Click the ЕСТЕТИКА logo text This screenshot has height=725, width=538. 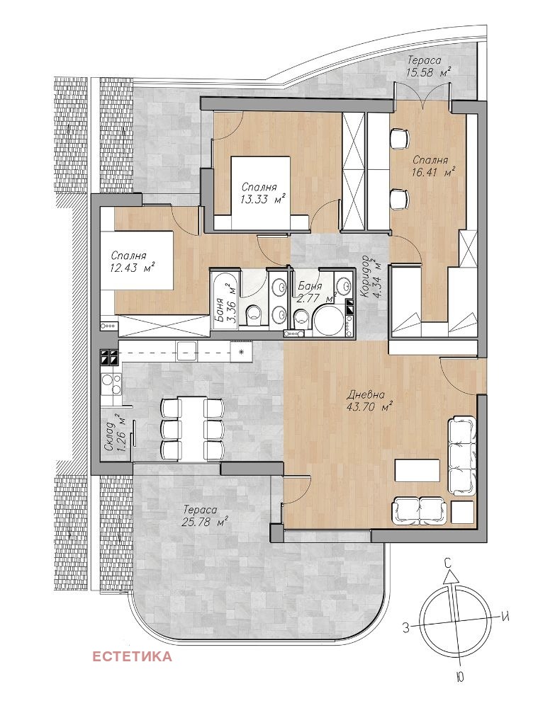(132, 656)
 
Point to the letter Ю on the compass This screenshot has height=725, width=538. (459, 678)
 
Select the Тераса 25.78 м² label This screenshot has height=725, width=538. (204, 516)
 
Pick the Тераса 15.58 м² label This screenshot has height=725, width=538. (428, 66)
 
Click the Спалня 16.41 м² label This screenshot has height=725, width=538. (432, 166)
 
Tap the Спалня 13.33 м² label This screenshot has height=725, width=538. (262, 193)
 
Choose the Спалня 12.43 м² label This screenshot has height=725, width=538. (132, 262)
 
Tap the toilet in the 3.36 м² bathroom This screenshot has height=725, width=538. (254, 316)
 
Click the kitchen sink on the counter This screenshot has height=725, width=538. (186, 351)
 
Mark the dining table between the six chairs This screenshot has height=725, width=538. (193, 428)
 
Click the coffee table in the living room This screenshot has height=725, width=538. (417, 470)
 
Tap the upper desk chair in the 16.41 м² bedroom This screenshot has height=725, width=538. (398, 138)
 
